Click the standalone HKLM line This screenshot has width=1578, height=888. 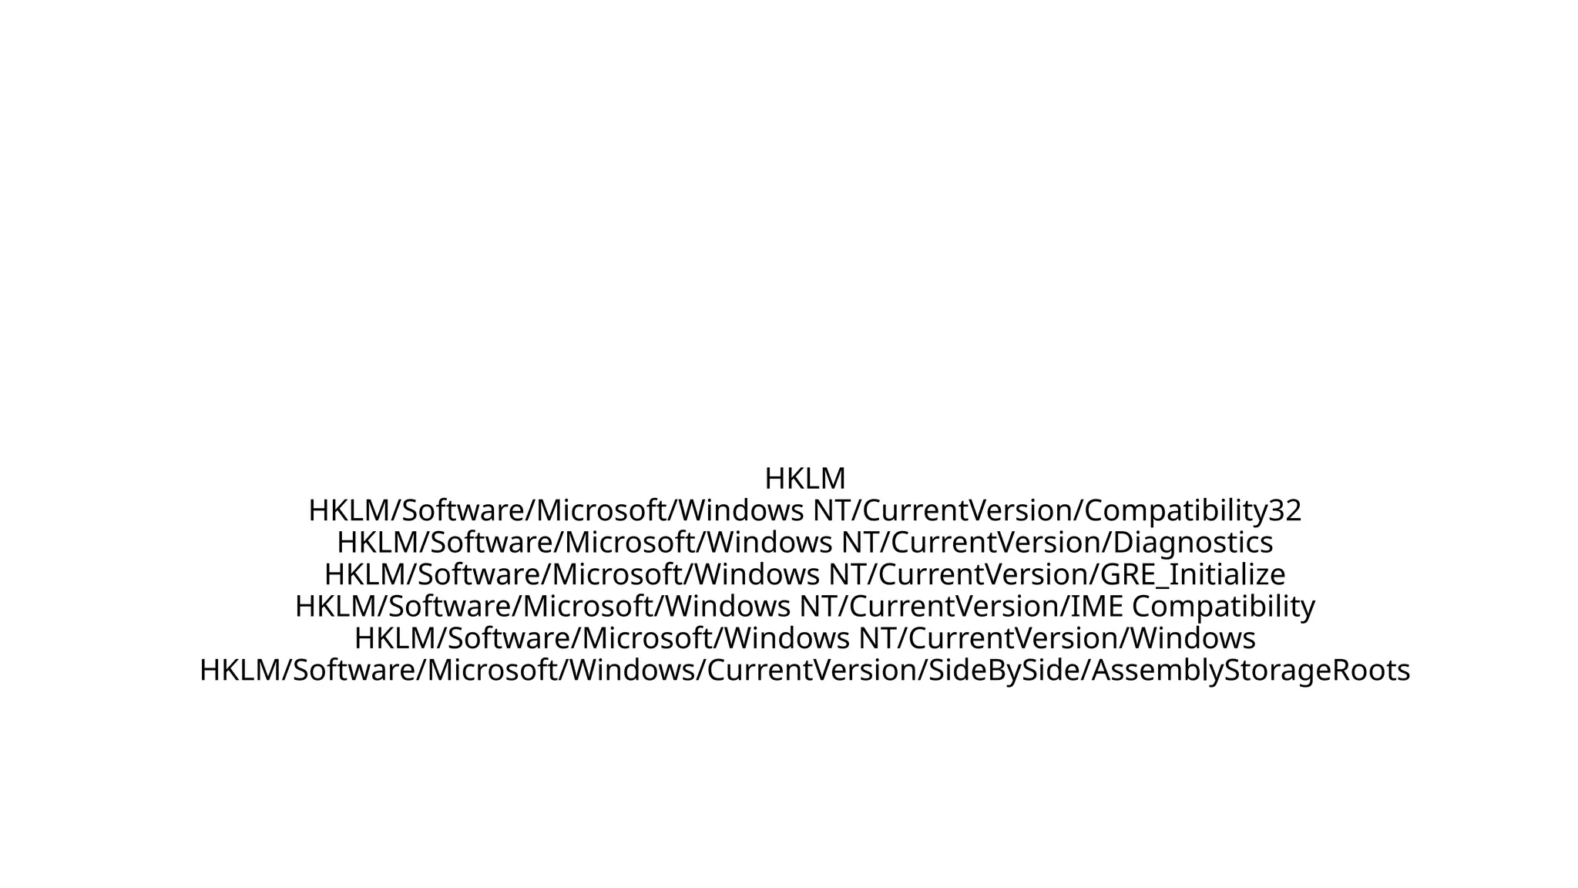click(x=804, y=479)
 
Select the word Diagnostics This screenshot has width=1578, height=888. click(x=1194, y=543)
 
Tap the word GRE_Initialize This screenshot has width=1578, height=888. click(x=1193, y=575)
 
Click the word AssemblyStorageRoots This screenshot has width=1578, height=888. click(x=1251, y=671)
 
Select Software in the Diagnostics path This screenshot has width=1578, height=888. click(x=492, y=543)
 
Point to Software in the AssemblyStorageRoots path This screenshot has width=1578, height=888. click(x=355, y=671)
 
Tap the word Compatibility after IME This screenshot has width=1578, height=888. click(x=1223, y=607)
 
